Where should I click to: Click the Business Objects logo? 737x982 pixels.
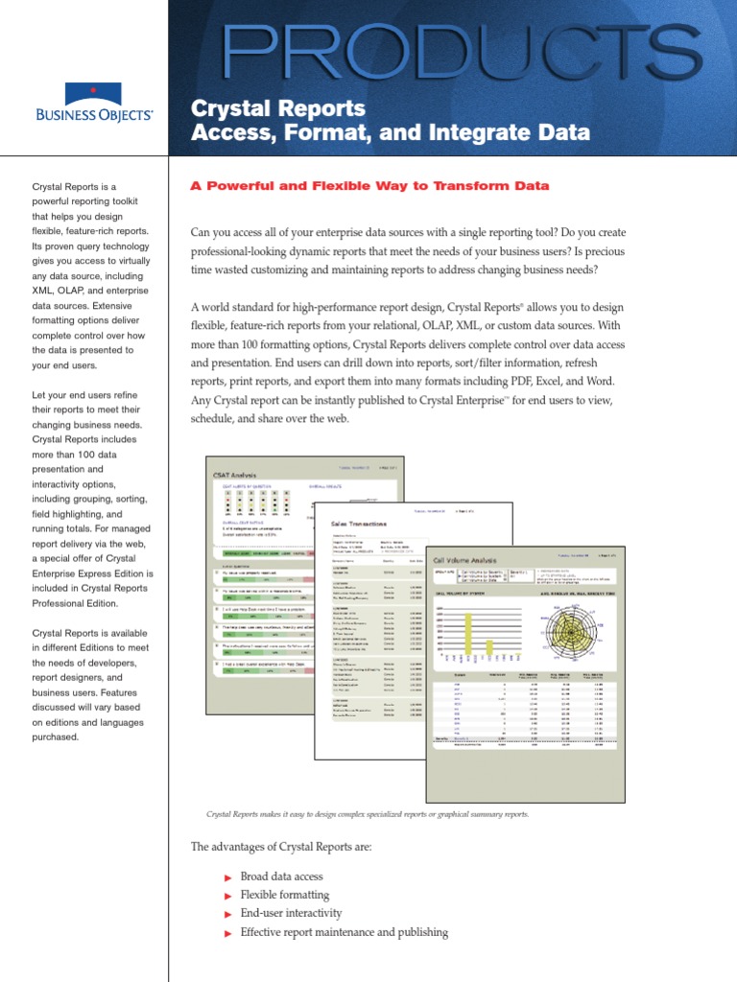93,104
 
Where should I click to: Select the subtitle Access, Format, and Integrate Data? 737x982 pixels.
391,132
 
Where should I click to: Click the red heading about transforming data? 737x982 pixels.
369,186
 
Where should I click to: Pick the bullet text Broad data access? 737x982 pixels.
281,877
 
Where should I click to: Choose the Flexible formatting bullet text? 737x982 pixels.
283,895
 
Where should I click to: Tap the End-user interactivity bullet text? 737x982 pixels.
291,913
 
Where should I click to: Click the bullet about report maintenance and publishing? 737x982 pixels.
344,931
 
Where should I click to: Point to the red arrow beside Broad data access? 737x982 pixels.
227,877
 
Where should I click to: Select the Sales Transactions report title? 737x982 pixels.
359,525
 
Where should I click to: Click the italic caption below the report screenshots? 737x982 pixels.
368,814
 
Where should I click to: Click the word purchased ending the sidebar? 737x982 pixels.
56,736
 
